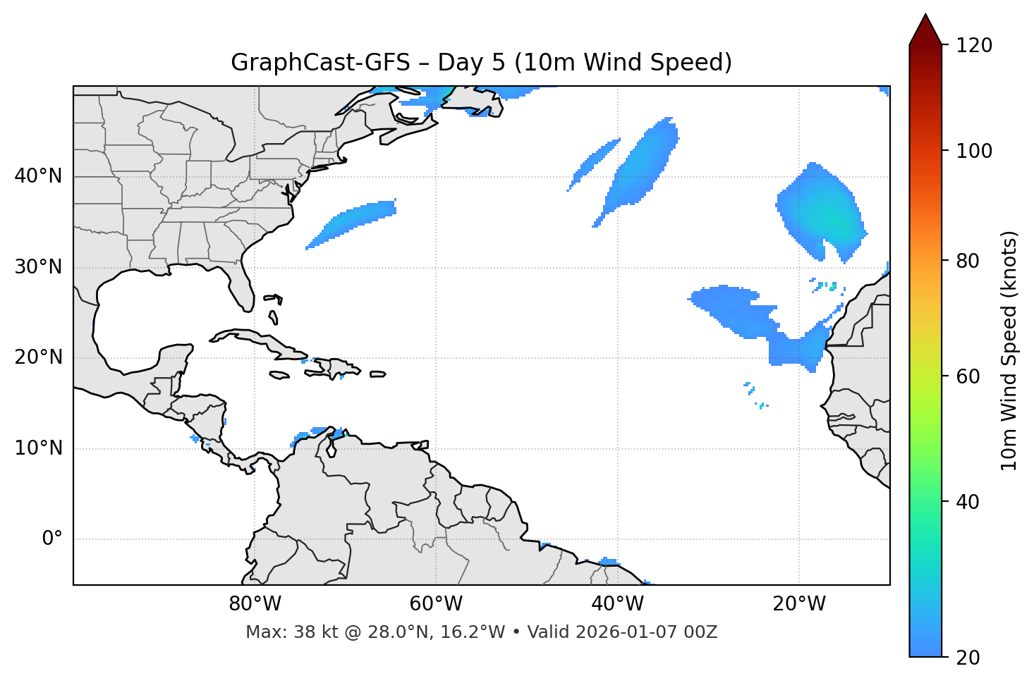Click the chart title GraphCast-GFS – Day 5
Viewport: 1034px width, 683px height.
tap(481, 63)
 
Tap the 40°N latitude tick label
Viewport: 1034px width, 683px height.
tap(38, 176)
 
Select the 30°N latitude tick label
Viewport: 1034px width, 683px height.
tap(38, 267)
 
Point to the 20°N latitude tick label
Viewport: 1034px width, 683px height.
tap(38, 357)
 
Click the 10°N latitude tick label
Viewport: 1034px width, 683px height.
tap(38, 448)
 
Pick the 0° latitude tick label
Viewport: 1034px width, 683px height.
tap(52, 539)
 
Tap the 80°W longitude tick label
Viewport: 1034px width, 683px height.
tap(255, 604)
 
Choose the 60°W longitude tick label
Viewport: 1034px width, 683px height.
tap(436, 604)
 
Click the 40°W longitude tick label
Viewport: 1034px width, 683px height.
tap(617, 604)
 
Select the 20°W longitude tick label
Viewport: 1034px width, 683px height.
tap(798, 604)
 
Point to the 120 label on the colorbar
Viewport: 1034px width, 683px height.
tap(974, 46)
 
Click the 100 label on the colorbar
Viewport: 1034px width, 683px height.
tap(974, 151)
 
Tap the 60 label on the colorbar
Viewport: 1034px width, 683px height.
tap(969, 376)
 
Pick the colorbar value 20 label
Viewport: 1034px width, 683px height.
tap(969, 657)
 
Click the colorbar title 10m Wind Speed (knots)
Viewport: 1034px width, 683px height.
tap(1009, 350)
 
